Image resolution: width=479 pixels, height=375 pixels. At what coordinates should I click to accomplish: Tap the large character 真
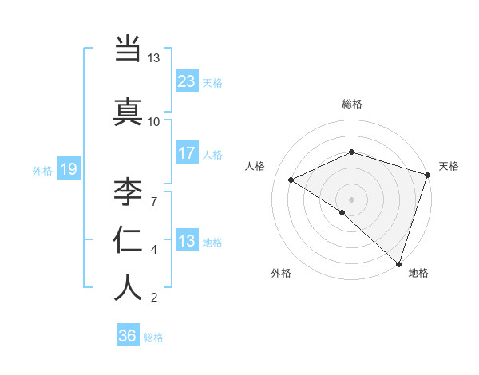(x=128, y=112)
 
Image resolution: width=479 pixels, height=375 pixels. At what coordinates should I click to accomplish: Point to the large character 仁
(x=128, y=240)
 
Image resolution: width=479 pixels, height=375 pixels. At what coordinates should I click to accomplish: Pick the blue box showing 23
(x=187, y=81)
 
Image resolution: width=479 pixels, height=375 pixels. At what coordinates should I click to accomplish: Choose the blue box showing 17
(x=187, y=152)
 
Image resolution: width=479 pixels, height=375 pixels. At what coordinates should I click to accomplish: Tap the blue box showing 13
(x=187, y=241)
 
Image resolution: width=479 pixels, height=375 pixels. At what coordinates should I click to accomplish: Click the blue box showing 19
(x=69, y=168)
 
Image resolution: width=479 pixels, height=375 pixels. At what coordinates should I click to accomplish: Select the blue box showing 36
(x=128, y=336)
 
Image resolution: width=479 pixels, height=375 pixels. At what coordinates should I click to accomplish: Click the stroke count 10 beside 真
(x=154, y=121)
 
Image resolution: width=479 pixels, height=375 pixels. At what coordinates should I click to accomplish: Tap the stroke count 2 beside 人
(x=154, y=298)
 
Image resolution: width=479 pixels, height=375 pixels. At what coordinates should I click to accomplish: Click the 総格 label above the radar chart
(x=352, y=104)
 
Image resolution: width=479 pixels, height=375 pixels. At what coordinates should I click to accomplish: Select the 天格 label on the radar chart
(x=449, y=166)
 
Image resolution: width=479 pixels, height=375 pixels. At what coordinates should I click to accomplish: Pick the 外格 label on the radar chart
(x=281, y=273)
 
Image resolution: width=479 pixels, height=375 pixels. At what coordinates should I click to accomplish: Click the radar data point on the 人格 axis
(x=291, y=180)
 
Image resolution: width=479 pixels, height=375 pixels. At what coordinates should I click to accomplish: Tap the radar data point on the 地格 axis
(x=399, y=264)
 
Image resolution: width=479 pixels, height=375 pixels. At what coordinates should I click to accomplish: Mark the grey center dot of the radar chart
(x=351, y=199)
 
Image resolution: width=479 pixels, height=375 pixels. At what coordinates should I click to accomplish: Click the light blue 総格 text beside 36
(x=153, y=337)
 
